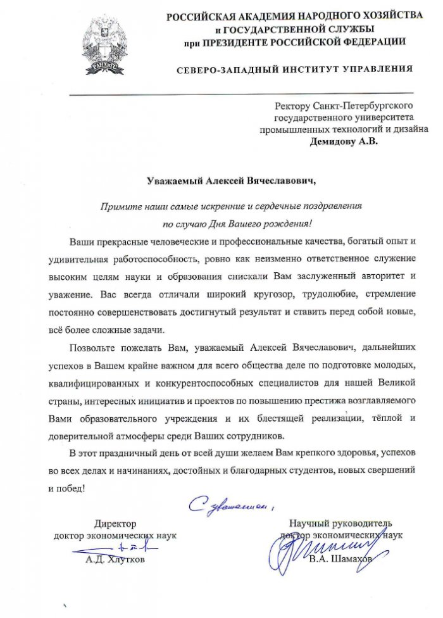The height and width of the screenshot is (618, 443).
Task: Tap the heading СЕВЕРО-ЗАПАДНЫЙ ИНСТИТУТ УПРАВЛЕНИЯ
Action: (x=294, y=68)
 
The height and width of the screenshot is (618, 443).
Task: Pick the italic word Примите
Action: (x=120, y=206)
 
